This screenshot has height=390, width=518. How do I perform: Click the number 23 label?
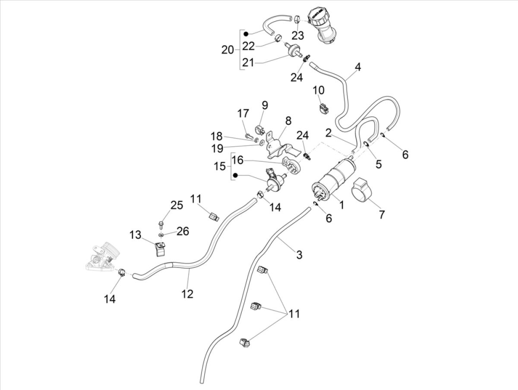[x=297, y=35]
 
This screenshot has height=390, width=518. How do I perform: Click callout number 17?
[x=243, y=114]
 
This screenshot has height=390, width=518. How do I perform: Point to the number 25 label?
[x=177, y=205]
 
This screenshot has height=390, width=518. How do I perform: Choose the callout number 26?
[x=183, y=232]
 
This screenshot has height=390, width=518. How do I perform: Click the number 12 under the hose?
[x=187, y=294]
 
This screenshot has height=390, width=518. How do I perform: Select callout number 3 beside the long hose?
[x=299, y=255]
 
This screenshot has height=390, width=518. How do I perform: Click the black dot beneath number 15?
[x=236, y=176]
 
